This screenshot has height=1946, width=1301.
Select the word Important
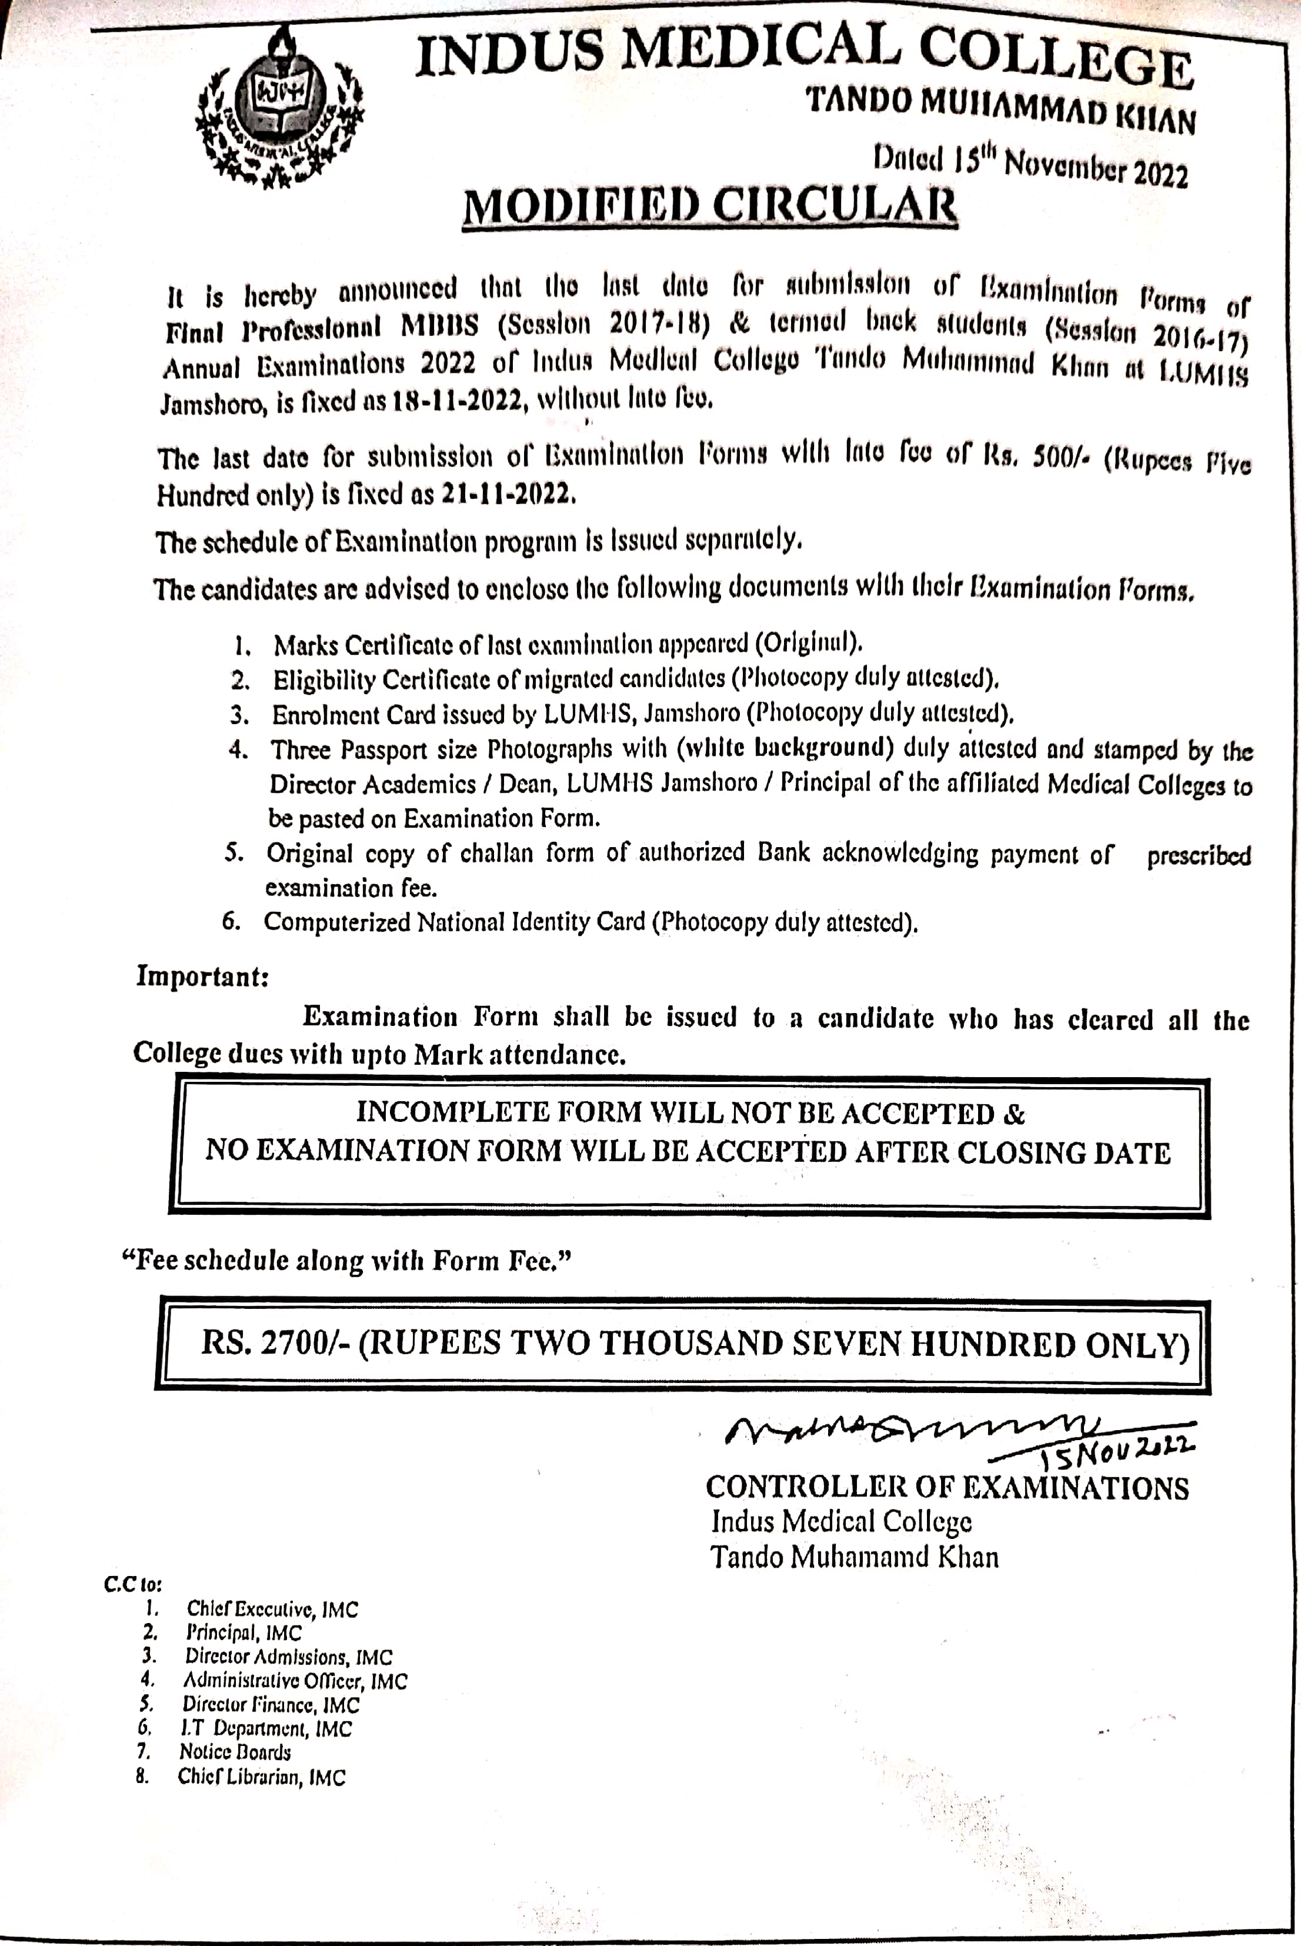click(202, 976)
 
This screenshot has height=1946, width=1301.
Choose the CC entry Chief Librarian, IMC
click(261, 1777)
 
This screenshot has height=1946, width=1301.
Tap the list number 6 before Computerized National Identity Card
click(232, 921)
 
